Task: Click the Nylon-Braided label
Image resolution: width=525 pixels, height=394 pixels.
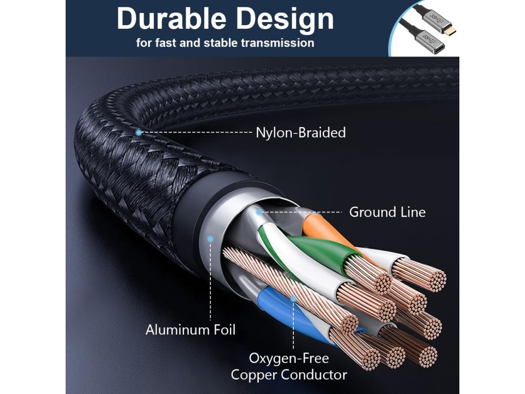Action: click(x=300, y=133)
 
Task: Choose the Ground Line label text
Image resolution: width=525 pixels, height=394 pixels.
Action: click(x=387, y=212)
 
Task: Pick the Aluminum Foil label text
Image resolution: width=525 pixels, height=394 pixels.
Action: click(x=191, y=329)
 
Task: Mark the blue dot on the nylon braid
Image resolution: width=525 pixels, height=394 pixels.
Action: click(x=138, y=132)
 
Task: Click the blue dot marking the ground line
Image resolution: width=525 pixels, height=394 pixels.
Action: click(x=259, y=211)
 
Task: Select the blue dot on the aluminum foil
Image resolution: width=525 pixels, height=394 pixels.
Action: click(x=210, y=238)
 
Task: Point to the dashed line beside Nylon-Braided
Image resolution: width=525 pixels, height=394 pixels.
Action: click(x=197, y=132)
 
